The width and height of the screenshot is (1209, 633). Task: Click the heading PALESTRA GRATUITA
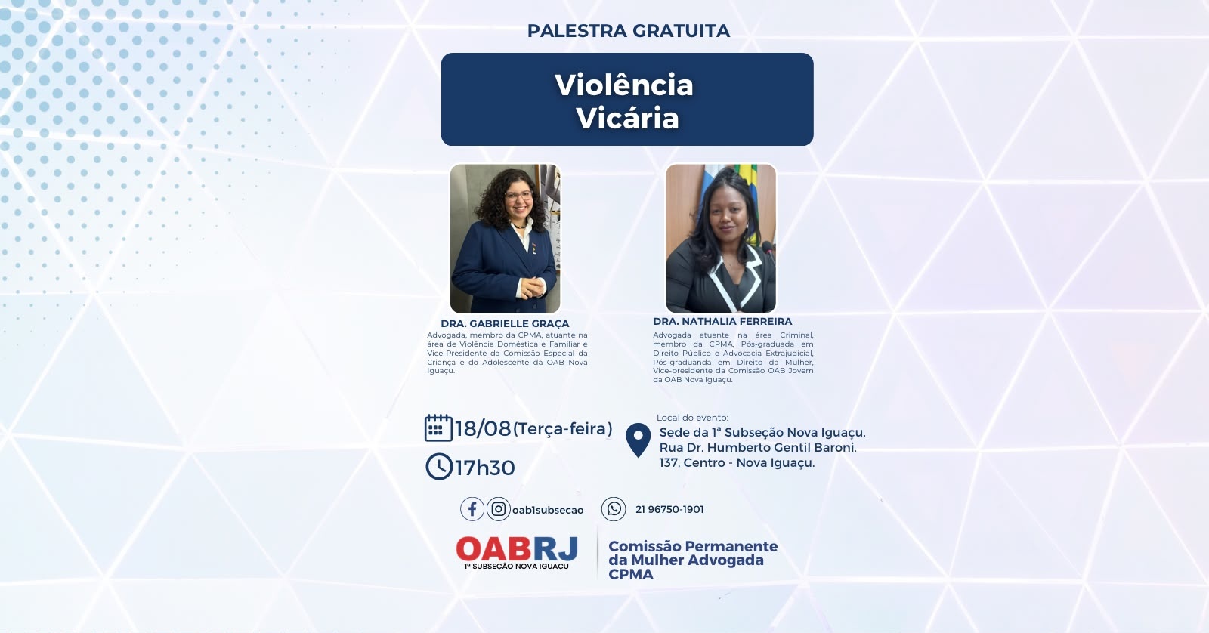coord(628,31)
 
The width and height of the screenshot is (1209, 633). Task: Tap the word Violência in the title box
coord(624,85)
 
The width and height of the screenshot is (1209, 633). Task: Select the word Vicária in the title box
coord(627,118)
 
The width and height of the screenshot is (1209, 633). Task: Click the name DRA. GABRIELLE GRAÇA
coord(505,324)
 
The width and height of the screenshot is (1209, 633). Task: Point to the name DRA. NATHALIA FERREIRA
coord(722,321)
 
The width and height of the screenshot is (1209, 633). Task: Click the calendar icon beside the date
coord(438,428)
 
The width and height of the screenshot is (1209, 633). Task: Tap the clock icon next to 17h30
coord(439,467)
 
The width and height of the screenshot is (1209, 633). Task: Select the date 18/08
coord(483,428)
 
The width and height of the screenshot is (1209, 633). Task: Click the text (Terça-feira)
coord(562,429)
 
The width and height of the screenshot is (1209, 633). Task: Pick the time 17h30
coord(484,468)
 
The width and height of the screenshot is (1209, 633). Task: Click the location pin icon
coord(638,440)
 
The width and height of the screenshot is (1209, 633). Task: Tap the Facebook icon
coord(472,509)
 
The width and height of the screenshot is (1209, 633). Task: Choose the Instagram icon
coord(498,509)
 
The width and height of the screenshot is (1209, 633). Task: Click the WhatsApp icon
coord(614,509)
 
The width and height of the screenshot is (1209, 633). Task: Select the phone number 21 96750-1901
coord(669,509)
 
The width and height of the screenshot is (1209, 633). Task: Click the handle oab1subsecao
coord(548,510)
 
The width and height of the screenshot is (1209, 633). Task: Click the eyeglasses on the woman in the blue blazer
coord(518,196)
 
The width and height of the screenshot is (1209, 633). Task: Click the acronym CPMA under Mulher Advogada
coord(631,574)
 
